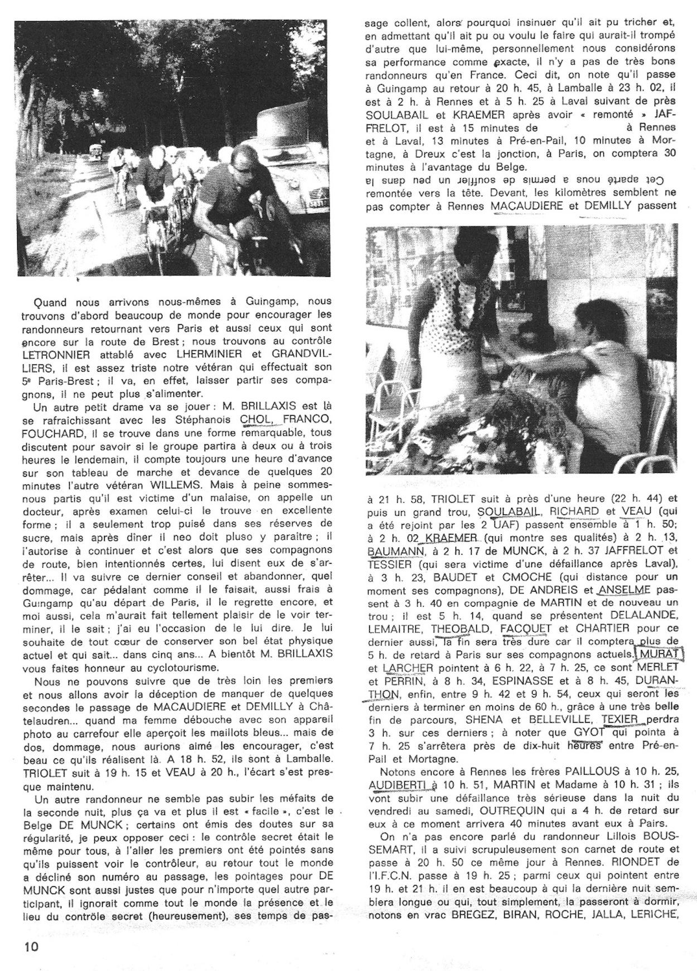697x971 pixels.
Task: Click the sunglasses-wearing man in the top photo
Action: click(x=234, y=201)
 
